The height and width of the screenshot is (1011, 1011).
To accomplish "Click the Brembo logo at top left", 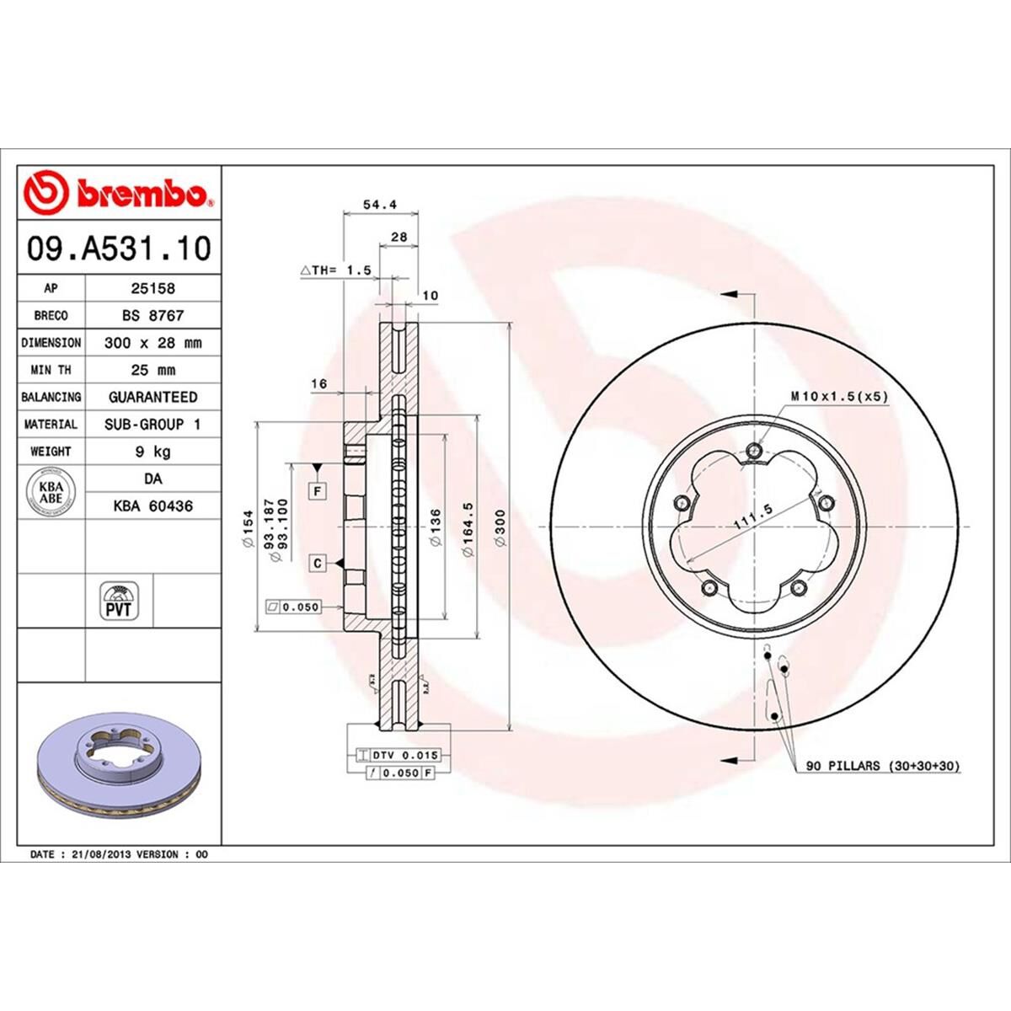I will pos(119,193).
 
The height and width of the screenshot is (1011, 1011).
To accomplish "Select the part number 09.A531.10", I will pos(119,249).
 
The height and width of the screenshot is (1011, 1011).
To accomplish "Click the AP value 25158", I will pos(152,288).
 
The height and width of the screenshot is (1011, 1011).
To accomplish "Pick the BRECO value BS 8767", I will pos(152,315).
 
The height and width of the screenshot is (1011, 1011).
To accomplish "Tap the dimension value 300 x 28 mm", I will pos(152,343).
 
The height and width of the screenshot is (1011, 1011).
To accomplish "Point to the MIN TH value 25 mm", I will pos(152,370).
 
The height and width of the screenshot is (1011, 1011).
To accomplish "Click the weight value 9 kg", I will pos(152,452).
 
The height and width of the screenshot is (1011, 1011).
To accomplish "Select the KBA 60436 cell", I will pos(152,506).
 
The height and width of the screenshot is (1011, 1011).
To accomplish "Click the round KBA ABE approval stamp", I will pos(51,492).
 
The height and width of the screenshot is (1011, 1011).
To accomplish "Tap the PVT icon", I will pos(119,601).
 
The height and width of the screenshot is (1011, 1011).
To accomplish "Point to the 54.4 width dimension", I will pos(379,204).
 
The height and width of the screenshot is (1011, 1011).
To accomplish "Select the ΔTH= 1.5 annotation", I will pos(335,270).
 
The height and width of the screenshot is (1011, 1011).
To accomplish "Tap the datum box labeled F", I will pos(318,489).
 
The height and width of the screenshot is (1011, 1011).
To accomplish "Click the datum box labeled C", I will pos(318,563).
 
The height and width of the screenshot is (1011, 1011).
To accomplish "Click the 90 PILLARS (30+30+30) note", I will pos(883,766).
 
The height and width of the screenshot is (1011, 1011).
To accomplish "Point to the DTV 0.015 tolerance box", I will pos(399,755).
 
